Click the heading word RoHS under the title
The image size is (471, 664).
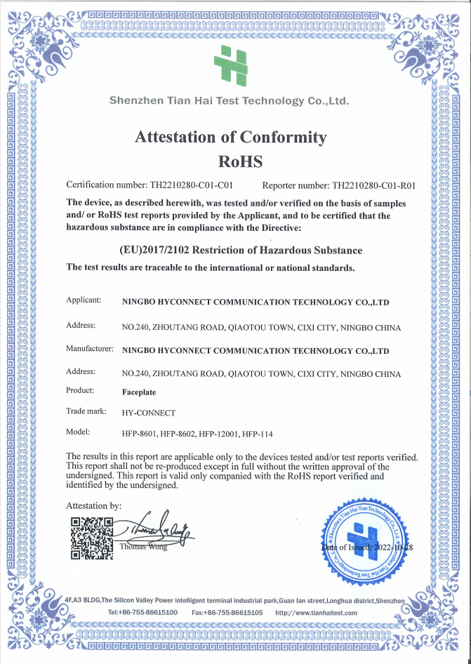[x=240, y=161]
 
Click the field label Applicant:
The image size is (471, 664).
[x=84, y=300]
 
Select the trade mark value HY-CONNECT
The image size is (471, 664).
[x=149, y=412]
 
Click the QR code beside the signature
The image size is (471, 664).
[x=92, y=538]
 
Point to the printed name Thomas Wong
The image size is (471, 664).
[x=143, y=547]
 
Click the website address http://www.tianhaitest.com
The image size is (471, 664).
[x=316, y=613]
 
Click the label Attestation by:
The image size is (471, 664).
[x=93, y=505]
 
